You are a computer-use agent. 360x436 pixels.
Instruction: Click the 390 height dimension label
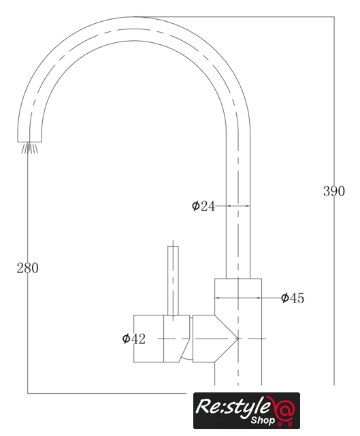tap(334, 191)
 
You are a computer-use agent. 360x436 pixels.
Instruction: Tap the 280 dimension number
tap(27, 268)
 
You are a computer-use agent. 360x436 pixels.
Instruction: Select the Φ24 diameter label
tap(203, 206)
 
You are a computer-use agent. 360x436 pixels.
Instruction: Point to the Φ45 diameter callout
tap(293, 298)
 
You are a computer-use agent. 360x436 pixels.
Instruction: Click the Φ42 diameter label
tap(133, 339)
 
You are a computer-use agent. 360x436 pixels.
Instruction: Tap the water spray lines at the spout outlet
tap(30, 148)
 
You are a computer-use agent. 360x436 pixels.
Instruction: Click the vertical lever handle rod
tap(173, 281)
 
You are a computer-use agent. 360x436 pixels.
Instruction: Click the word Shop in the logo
tap(263, 420)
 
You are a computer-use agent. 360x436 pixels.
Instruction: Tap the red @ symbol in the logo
tap(283, 407)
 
